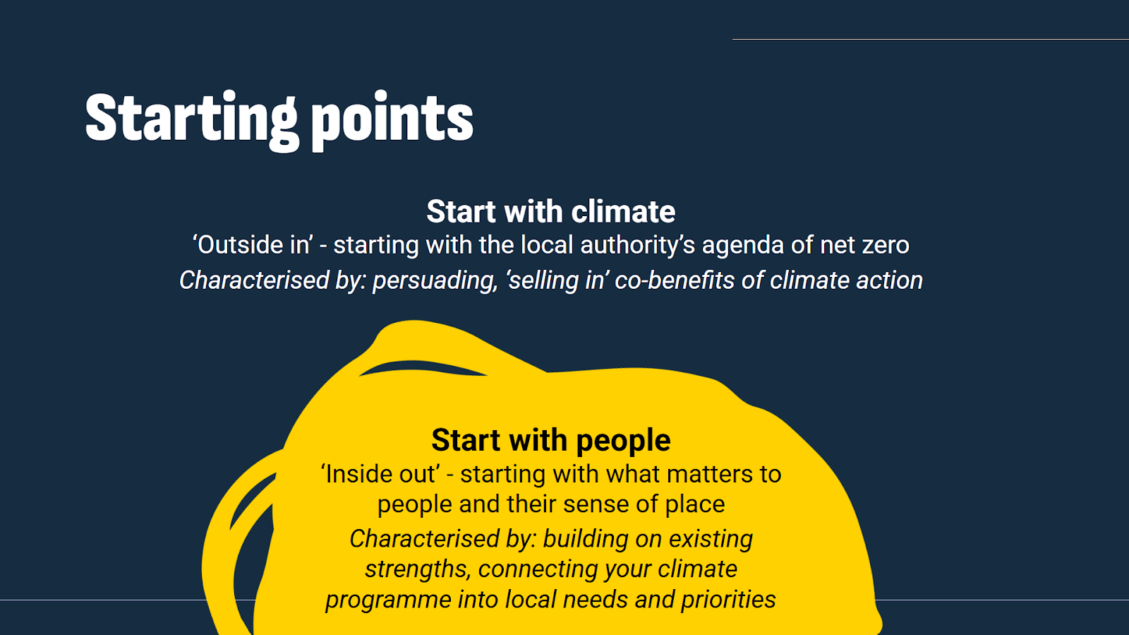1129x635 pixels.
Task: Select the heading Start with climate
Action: coord(550,212)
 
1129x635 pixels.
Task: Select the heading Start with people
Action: coord(550,440)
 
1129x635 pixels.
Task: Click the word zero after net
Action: coord(886,245)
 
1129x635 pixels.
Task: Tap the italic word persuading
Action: coord(434,281)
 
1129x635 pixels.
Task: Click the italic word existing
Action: coord(711,539)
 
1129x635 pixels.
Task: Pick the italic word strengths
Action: coord(417,569)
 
